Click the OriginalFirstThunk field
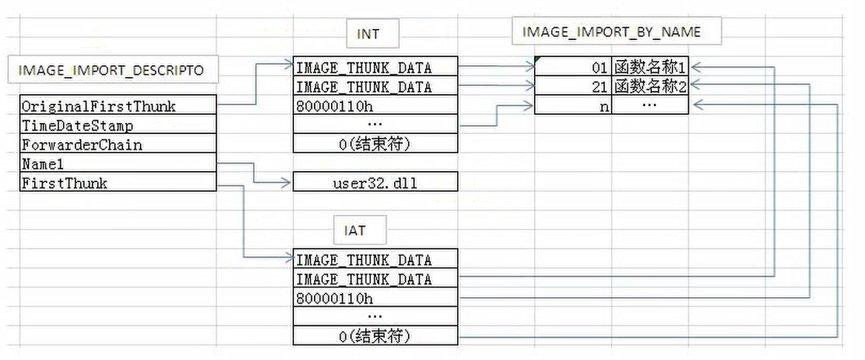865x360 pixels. coord(118,106)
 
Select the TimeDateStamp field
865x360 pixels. coord(118,125)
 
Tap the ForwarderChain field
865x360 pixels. coord(118,144)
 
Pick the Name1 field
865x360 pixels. coord(118,164)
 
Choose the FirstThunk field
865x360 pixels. coord(118,183)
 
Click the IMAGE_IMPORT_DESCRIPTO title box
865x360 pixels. coord(111,71)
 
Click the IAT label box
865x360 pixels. coord(355,231)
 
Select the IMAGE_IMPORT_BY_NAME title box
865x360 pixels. coord(611,32)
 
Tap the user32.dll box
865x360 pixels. coord(375,182)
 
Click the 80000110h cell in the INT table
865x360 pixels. coord(375,106)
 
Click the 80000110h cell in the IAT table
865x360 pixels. coord(375,299)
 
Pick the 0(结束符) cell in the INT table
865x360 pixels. coord(375,144)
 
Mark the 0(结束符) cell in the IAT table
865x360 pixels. coord(375,336)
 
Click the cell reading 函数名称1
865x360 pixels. coord(649,67)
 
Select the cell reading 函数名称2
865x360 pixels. coord(649,87)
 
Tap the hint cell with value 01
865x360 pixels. coord(573,67)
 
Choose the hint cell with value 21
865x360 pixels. coord(573,87)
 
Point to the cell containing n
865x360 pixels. coord(573,106)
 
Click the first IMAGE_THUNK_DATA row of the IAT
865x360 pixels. coord(375,260)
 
